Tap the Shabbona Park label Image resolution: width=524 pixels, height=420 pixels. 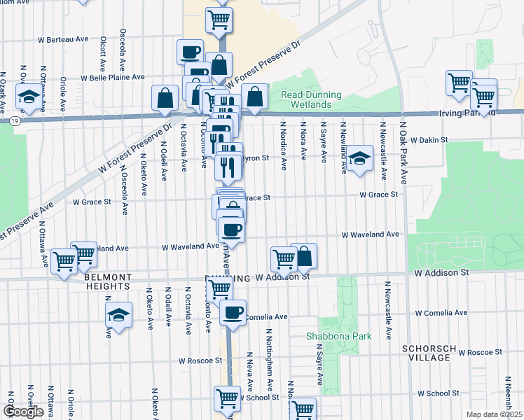click(x=338, y=336)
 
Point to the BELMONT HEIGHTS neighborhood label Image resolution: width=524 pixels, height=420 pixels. click(x=107, y=281)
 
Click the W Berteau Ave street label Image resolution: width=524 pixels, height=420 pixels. click(x=64, y=39)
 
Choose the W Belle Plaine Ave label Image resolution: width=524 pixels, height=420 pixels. click(x=113, y=78)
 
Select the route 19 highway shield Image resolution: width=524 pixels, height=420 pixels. click(x=14, y=121)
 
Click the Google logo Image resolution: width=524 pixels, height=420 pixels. click(x=23, y=412)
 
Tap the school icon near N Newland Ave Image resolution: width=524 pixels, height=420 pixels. click(x=360, y=158)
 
